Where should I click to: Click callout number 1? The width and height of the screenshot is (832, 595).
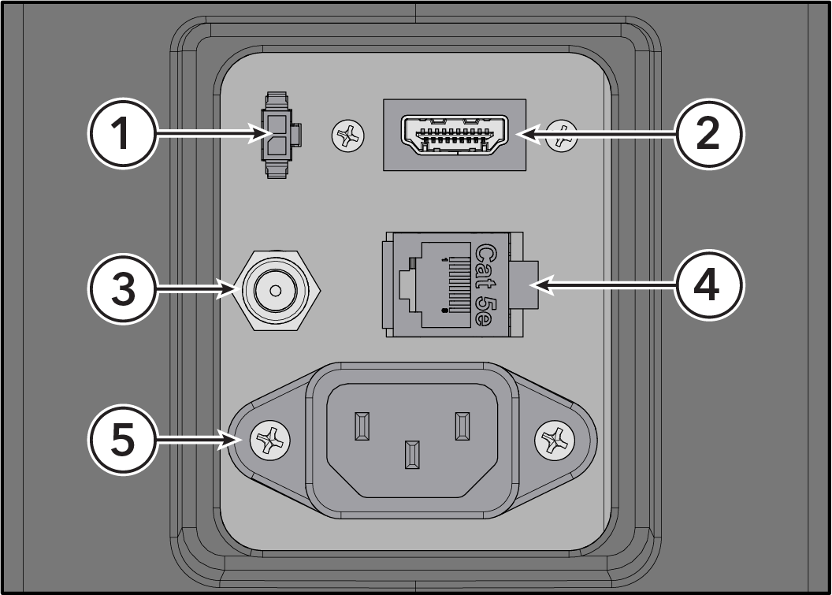coord(123,133)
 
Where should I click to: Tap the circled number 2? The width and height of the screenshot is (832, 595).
coord(709,133)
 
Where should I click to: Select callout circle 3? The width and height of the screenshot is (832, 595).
coord(123,288)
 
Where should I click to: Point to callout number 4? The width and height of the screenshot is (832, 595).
coord(709,285)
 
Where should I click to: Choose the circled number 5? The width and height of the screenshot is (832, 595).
coord(123,440)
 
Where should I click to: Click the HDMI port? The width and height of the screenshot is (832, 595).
coord(454,134)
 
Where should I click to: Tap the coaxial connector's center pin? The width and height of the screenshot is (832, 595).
coord(276,291)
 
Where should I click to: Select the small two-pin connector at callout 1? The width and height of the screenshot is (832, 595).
coord(280,135)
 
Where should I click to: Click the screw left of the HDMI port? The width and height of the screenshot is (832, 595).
coord(348,136)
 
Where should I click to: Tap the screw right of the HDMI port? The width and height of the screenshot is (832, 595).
coord(562,136)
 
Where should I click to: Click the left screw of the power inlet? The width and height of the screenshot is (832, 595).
coord(270,441)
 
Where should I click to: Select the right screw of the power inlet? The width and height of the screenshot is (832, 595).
coord(555,441)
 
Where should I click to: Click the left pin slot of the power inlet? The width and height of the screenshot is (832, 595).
coord(362,426)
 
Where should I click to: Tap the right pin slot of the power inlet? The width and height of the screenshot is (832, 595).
coord(462,426)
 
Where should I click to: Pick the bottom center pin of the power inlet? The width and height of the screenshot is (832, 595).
coord(412,455)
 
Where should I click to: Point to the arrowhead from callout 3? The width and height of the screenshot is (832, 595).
coord(229,290)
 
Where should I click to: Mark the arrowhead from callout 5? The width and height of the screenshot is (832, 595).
coord(232,440)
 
